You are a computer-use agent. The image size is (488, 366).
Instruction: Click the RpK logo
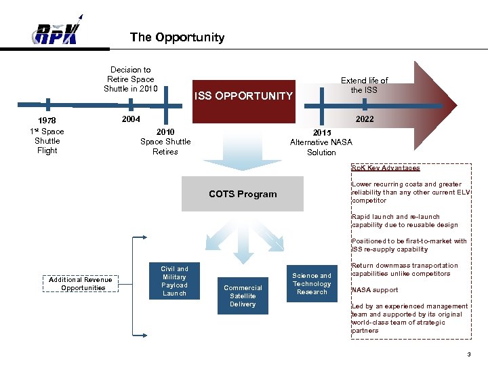(58, 31)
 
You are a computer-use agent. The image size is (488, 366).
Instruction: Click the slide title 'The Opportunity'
(177, 37)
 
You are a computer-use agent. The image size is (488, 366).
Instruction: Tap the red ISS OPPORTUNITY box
(244, 96)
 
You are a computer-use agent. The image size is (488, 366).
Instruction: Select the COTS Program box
(243, 194)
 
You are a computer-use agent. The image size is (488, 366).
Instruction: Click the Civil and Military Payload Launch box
(174, 281)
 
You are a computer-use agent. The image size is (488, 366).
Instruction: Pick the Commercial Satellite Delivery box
(243, 296)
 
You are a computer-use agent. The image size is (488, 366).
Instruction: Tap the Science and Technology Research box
(312, 283)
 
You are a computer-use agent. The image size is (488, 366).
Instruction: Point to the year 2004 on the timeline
(130, 119)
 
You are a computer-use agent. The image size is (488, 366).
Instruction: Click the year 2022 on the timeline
(364, 119)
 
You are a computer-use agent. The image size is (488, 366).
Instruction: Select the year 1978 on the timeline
(47, 121)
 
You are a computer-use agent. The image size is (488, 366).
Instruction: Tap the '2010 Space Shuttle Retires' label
(165, 142)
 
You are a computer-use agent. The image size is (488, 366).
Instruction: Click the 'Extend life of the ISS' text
(365, 85)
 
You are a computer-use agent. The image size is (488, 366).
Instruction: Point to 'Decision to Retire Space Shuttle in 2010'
(130, 79)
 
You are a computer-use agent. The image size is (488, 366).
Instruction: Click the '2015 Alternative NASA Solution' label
(321, 142)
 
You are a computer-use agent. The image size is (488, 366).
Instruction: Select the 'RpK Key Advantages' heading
(386, 168)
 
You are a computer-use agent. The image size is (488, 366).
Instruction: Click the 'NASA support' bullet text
(375, 290)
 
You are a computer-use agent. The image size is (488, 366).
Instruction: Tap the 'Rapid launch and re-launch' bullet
(405, 221)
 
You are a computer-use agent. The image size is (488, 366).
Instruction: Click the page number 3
(468, 355)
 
